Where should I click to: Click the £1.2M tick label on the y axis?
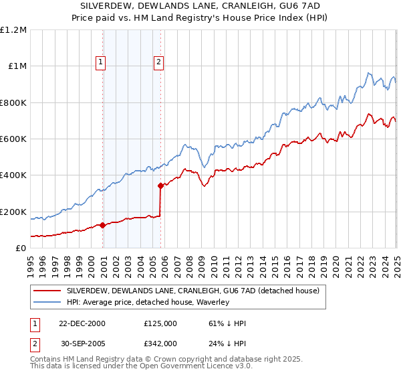[x=14, y=30]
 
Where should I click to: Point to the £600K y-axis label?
[x=14, y=139]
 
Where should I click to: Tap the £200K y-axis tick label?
[x=14, y=212]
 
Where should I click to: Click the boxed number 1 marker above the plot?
[x=100, y=63]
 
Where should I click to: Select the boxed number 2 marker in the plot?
[x=159, y=63]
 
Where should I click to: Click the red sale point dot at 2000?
[x=103, y=226]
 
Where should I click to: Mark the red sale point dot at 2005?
[x=161, y=186]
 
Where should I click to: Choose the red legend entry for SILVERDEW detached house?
[x=194, y=291]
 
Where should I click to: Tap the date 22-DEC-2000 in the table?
[x=82, y=323]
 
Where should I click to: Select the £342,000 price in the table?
[x=160, y=343]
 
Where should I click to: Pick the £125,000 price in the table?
[x=160, y=323]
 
